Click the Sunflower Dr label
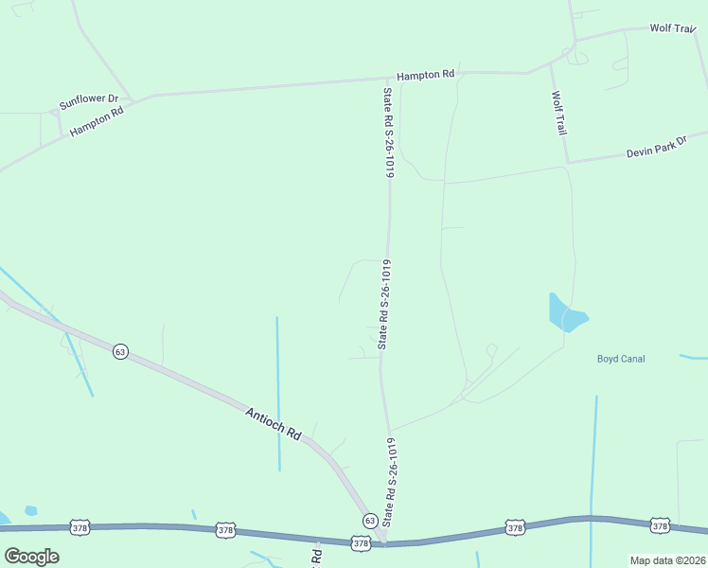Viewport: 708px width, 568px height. click(x=88, y=100)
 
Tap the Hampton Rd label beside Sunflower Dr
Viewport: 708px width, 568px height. click(x=97, y=123)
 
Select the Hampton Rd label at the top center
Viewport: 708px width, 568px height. click(x=425, y=74)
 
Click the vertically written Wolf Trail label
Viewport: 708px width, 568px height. click(x=558, y=113)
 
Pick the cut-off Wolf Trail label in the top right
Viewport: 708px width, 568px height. click(x=672, y=28)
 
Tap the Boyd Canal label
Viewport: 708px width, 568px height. click(x=620, y=358)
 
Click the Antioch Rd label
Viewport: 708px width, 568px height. click(x=273, y=423)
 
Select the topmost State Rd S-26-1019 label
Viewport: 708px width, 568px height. click(x=387, y=133)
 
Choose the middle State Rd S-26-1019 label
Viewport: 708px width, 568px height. click(x=384, y=303)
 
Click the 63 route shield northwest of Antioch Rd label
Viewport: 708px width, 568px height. click(x=119, y=351)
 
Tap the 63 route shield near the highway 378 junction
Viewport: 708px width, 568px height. click(x=369, y=521)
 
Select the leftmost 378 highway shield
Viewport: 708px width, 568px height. click(x=80, y=526)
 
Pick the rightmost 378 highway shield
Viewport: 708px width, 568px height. click(x=660, y=524)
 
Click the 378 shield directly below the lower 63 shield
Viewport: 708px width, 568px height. click(x=360, y=542)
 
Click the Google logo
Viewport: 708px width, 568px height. click(x=31, y=557)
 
